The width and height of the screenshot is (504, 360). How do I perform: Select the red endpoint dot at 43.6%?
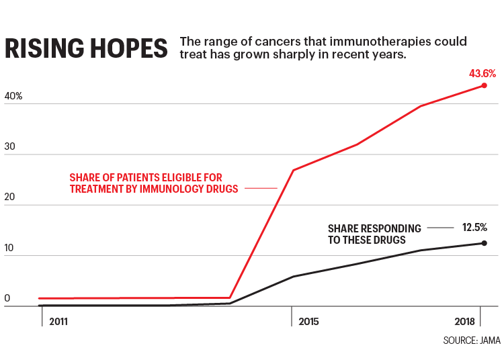click(x=484, y=85)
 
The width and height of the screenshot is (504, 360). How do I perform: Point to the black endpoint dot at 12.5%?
click(x=484, y=243)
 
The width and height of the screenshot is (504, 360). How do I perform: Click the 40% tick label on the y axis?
click(x=13, y=97)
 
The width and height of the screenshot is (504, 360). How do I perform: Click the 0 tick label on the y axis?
click(x=7, y=298)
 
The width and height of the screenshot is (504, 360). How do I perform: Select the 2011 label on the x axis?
click(x=58, y=322)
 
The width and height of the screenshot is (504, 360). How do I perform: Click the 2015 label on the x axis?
click(x=308, y=322)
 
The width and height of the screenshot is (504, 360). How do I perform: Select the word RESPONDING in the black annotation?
click(x=393, y=228)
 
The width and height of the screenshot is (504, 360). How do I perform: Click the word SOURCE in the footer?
click(x=458, y=341)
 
